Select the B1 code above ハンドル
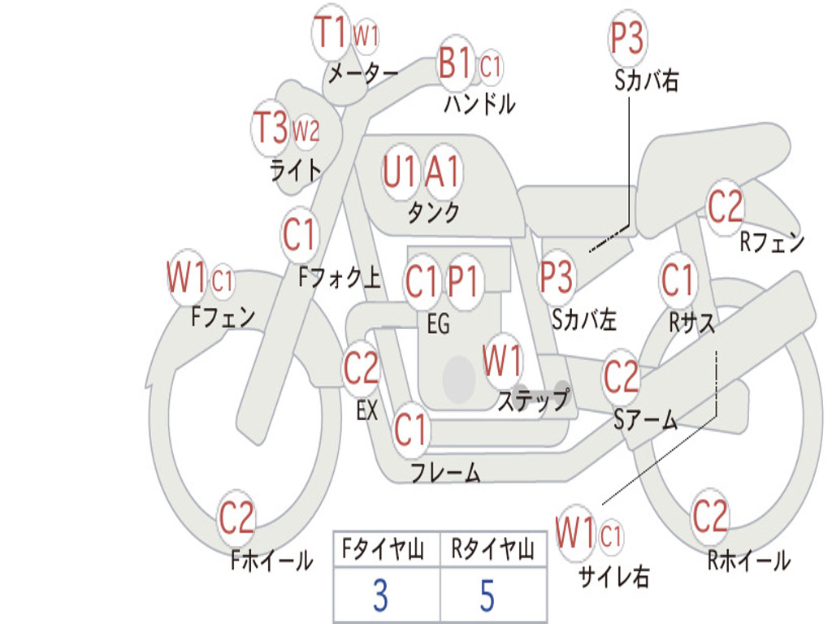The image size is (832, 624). [455, 63]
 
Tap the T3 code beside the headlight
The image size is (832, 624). [271, 128]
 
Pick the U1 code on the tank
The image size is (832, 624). [400, 171]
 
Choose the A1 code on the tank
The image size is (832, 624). [442, 171]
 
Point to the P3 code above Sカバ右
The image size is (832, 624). [626, 37]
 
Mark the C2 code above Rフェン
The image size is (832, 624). [726, 206]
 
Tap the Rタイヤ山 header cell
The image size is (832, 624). [493, 549]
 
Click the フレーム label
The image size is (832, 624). [446, 472]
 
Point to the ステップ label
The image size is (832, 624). [534, 399]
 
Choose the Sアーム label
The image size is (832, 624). [646, 420]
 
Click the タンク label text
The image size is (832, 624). [434, 212]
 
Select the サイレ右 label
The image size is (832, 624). [614, 576]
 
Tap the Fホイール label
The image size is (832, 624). [271, 561]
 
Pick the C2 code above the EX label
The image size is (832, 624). [362, 368]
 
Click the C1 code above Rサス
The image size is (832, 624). [677, 279]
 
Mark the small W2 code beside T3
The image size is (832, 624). [306, 130]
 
